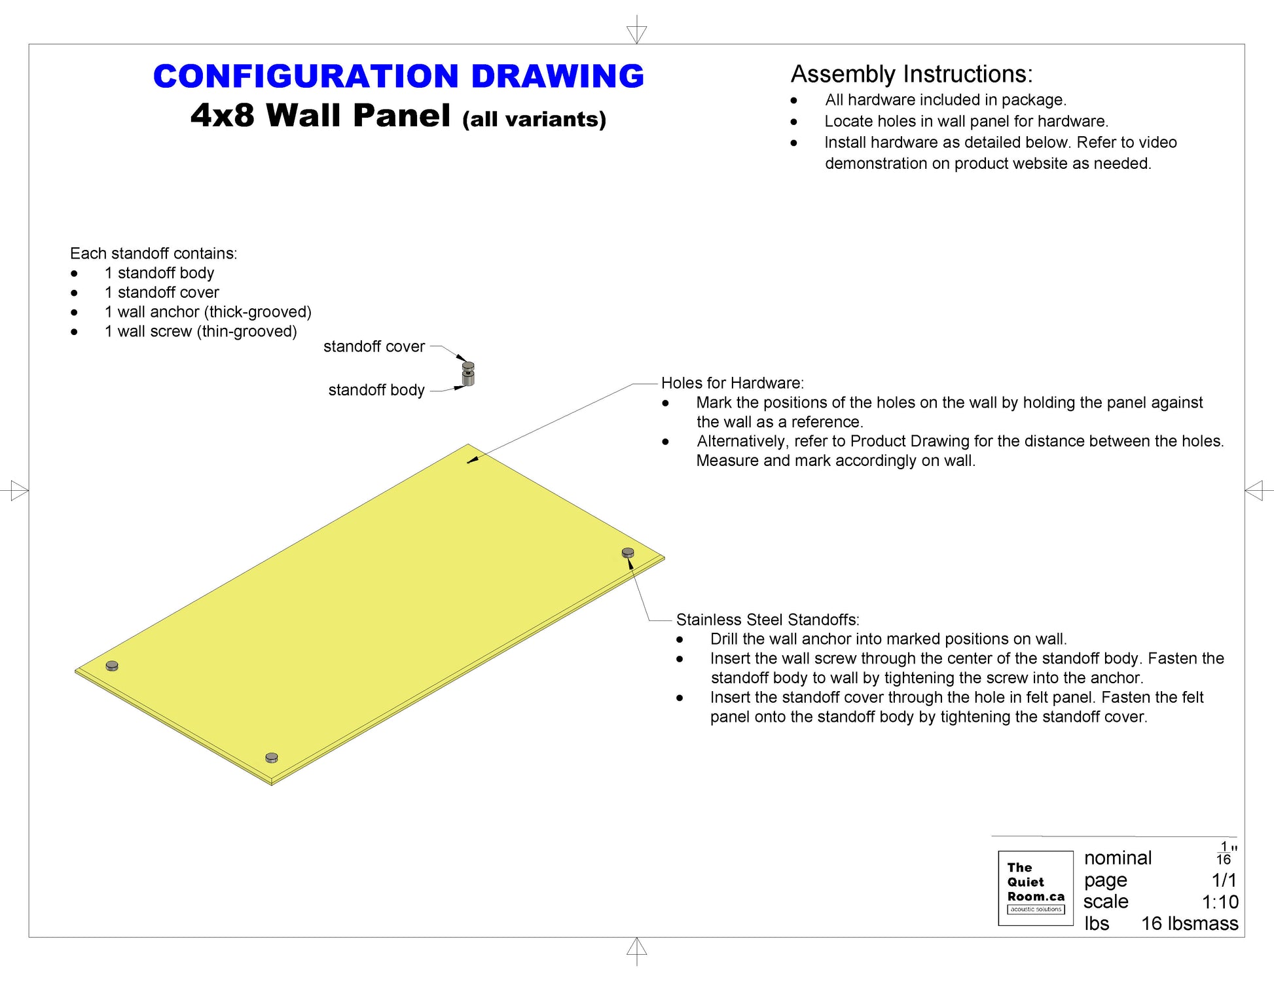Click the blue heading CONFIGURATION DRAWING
point(398,77)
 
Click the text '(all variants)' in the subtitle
point(534,119)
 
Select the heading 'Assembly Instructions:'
point(911,74)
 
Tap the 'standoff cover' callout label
point(374,347)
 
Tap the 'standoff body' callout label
point(376,390)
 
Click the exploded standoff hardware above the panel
point(468,374)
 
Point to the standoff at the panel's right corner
point(628,553)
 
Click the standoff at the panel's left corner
point(112,666)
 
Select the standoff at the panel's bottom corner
point(272,758)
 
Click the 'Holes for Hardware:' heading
point(732,383)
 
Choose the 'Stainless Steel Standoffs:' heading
point(767,620)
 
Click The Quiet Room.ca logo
point(1035,888)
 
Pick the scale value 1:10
point(1220,902)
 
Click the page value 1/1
point(1224,880)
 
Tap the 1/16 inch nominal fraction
point(1224,853)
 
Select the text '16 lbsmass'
point(1190,923)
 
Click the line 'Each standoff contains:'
point(153,253)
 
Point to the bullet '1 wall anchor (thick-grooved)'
point(208,312)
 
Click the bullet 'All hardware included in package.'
point(945,100)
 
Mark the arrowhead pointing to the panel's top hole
point(471,461)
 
